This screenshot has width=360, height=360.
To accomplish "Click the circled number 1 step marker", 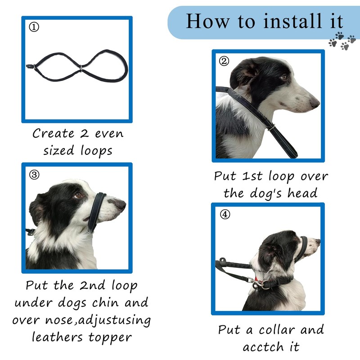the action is pyautogui.click(x=34, y=27).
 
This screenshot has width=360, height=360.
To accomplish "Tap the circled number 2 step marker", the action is pyautogui.click(x=224, y=61).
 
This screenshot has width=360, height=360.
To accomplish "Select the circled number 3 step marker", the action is pyautogui.click(x=34, y=175).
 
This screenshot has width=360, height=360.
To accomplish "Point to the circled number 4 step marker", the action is pyautogui.click(x=225, y=215).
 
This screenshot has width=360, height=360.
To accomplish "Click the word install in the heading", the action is pyautogui.click(x=292, y=21).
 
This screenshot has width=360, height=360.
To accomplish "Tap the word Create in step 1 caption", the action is pyautogui.click(x=54, y=133).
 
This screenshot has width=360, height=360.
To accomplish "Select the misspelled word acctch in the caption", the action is pyautogui.click(x=263, y=346).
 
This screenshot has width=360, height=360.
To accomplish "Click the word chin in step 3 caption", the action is pyautogui.click(x=105, y=302).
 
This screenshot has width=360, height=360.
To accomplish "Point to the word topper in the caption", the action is pyautogui.click(x=110, y=337).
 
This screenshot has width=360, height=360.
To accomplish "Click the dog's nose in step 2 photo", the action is pyautogui.click(x=314, y=103).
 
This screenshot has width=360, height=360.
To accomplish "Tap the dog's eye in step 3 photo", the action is pyautogui.click(x=78, y=195).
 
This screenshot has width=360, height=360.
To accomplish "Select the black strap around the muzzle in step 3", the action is pyautogui.click(x=97, y=212).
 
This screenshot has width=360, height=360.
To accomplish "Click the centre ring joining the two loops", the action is pyautogui.click(x=81, y=68).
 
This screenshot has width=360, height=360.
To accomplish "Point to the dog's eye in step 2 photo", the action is pyautogui.click(x=283, y=77).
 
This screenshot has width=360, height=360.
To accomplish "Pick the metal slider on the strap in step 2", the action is pyautogui.click(x=271, y=127).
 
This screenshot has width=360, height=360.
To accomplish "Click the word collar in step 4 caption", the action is pyautogui.click(x=277, y=330).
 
